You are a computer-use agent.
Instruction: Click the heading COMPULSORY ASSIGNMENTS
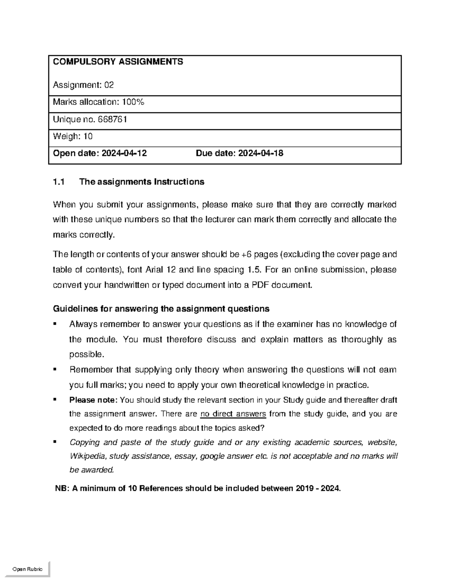pos(118,62)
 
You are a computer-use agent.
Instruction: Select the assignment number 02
pos(109,85)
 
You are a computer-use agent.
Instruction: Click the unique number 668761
pos(112,120)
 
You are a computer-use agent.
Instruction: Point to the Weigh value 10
pos(88,136)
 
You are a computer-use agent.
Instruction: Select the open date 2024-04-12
pos(124,153)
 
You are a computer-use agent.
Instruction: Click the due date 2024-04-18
pos(261,153)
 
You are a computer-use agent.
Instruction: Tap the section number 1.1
pos(59,182)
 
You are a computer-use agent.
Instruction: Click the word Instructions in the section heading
pos(179,182)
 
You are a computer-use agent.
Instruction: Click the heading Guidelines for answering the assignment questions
pos(161,309)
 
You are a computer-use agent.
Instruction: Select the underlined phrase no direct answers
pos(233,414)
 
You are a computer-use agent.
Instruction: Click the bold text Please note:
pos(93,400)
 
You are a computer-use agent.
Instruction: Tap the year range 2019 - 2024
pos(318,489)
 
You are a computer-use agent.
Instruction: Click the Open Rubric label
pos(27,569)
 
